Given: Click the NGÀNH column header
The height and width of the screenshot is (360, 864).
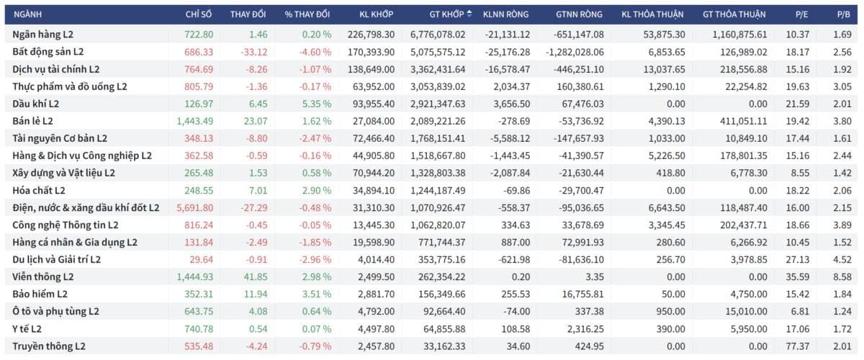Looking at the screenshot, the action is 27,14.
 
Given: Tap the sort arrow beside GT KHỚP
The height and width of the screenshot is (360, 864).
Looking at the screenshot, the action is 469,14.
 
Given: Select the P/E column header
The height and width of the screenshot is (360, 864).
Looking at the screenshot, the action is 801,14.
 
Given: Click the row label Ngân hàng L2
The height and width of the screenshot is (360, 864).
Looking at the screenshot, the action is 42,35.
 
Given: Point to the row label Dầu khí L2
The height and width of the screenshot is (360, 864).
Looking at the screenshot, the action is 35,104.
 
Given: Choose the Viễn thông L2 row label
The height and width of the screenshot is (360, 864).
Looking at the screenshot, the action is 42,276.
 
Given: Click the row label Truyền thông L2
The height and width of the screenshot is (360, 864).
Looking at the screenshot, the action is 49,346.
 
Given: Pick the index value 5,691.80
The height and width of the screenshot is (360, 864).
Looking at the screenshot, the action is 195,207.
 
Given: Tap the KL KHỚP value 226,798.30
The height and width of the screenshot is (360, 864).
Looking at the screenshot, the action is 371,35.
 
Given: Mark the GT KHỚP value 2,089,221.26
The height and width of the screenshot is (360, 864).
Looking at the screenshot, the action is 438,121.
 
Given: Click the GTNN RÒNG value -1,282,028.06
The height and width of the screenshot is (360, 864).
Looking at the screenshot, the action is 575,52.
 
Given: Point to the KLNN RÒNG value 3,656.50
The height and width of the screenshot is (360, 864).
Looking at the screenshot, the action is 511,104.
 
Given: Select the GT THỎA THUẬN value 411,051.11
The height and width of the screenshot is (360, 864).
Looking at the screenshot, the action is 743,121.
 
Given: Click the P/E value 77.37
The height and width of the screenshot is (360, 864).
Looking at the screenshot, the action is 798,346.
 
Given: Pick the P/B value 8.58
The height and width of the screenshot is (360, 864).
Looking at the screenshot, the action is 842,276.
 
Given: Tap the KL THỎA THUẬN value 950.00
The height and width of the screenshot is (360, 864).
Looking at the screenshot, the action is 671,311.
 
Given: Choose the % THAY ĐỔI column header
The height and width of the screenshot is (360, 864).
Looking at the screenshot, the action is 307,14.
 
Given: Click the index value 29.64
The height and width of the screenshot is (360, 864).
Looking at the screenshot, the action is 201,259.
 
